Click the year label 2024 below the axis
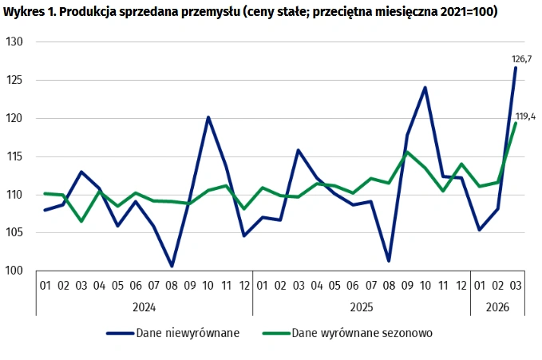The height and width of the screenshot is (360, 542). (144, 307)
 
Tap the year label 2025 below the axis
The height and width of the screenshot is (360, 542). (361, 307)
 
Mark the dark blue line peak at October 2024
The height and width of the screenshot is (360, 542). (208, 117)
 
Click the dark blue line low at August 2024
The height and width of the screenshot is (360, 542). (172, 266)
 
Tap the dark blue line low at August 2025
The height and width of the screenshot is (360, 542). (389, 261)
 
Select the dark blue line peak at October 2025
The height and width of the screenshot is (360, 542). (425, 87)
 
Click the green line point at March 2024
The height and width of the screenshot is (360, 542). (81, 220)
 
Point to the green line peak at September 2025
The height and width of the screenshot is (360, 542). (407, 152)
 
